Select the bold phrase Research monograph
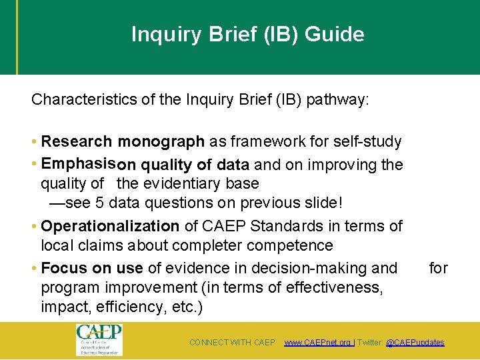click(x=123, y=141)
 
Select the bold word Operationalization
click(x=110, y=226)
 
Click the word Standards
click(x=294, y=226)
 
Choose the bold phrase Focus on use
click(x=92, y=268)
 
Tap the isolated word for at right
click(x=438, y=268)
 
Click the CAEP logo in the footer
click(x=99, y=340)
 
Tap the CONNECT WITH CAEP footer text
click(x=232, y=343)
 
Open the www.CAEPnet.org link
click(x=317, y=343)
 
